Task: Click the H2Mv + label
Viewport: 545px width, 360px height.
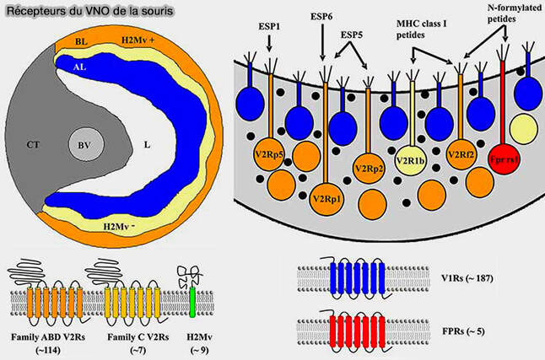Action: click(143, 39)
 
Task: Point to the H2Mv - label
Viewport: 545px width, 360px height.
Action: click(121, 225)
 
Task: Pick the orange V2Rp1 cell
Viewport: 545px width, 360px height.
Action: click(325, 198)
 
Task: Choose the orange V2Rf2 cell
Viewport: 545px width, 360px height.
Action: click(461, 156)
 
